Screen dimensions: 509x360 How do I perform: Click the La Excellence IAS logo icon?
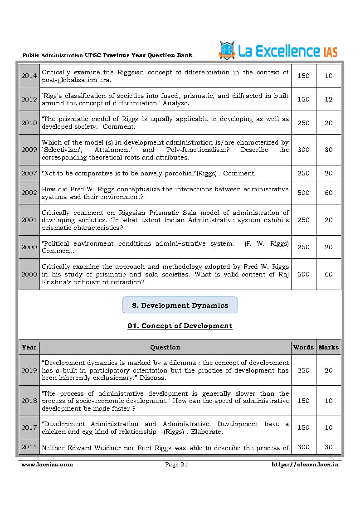227,50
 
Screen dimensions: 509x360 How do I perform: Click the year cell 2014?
29,76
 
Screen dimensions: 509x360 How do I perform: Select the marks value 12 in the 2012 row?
328,99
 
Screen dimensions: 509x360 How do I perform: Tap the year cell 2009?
29,150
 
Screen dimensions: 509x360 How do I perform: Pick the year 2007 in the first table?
29,173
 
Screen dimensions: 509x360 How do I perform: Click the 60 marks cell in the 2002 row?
328,193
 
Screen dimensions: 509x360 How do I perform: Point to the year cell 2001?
29,220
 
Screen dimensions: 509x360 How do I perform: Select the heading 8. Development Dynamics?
180,305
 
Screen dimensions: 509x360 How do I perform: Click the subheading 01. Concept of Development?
180,326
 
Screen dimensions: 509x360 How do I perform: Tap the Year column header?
29,347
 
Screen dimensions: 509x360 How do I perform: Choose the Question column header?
165,347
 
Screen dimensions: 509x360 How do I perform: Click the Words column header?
303,347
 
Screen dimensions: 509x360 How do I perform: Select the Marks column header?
328,347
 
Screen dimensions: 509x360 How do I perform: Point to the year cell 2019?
29,370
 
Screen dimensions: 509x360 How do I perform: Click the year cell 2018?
29,401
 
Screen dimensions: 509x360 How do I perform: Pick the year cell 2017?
29,427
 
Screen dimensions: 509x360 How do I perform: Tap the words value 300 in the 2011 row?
303,447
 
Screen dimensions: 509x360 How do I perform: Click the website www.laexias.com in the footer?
47,464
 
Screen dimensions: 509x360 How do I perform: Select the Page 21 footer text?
176,464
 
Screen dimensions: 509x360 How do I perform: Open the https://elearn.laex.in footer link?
305,464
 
